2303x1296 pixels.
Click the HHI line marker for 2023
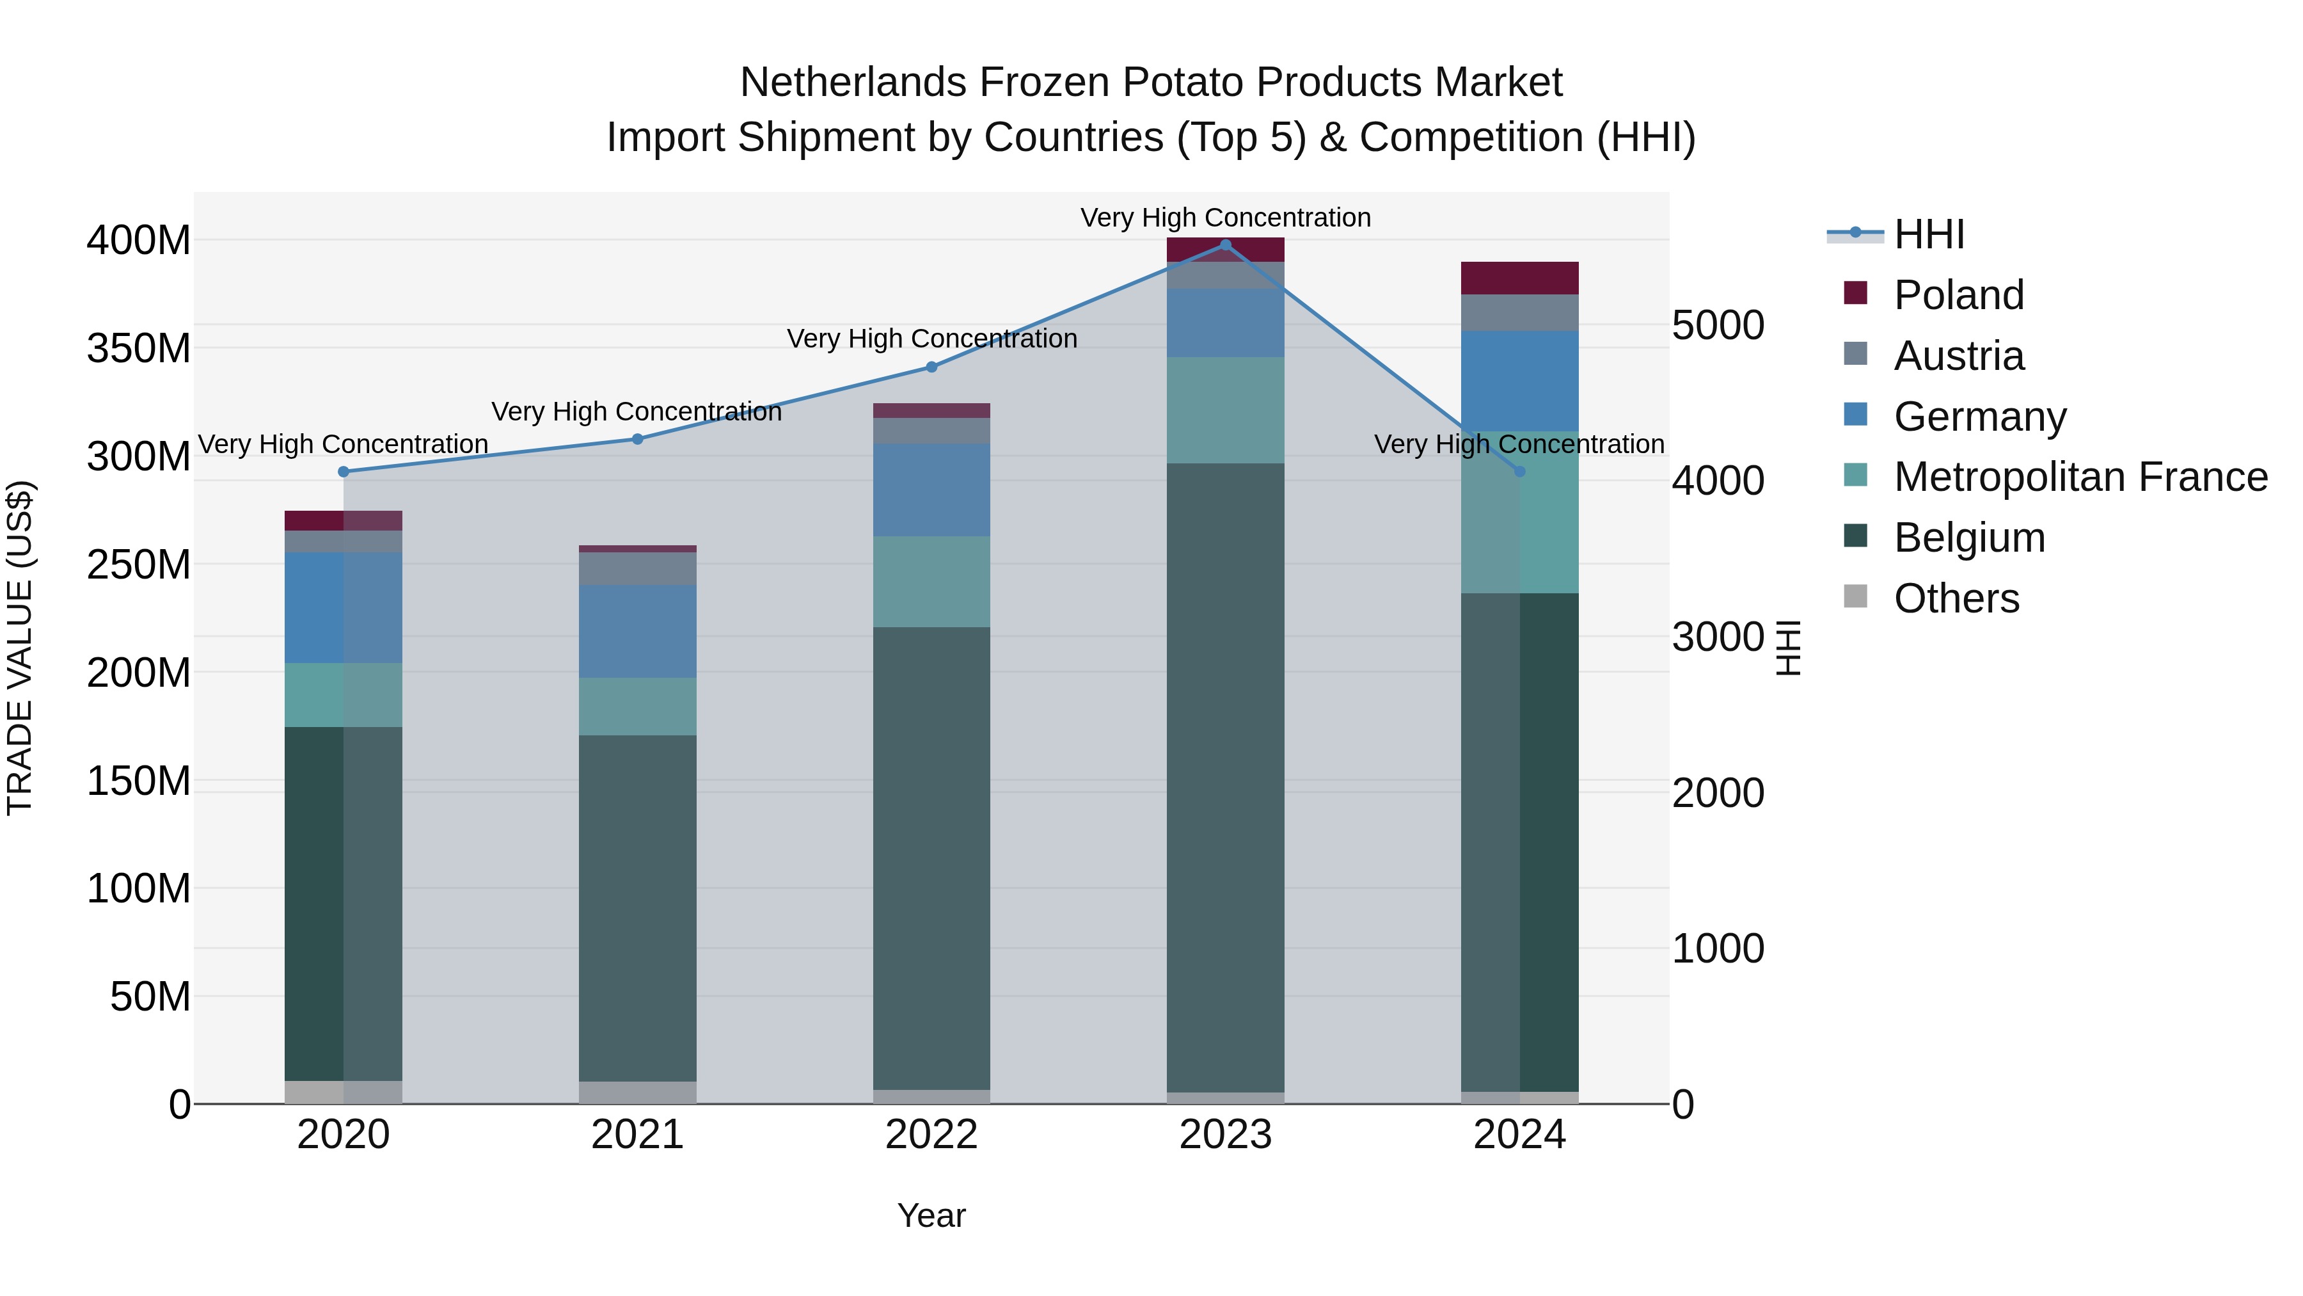tap(1225, 244)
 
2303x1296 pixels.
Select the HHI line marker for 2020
tap(344, 471)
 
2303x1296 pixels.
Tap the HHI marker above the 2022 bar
tap(931, 367)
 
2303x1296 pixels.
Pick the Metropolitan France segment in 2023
tap(1225, 410)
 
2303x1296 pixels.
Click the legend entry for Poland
tap(1958, 295)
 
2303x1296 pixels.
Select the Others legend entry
tap(1956, 598)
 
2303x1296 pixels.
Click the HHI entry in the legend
tap(1928, 234)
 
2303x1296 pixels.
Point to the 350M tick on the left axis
tap(139, 348)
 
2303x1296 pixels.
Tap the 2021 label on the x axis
tap(637, 1134)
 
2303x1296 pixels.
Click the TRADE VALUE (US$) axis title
tap(20, 648)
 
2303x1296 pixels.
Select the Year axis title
tap(931, 1215)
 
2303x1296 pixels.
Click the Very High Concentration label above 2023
tap(1225, 218)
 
